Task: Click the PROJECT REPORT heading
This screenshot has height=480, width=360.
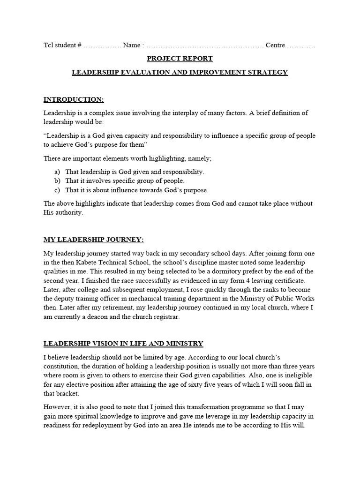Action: pyautogui.click(x=180, y=59)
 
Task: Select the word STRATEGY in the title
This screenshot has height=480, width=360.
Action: pyautogui.click(x=268, y=72)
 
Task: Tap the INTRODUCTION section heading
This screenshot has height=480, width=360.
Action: pyautogui.click(x=74, y=99)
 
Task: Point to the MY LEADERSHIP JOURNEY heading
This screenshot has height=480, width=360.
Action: pyautogui.click(x=94, y=240)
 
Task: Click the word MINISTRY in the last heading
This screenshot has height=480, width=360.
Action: pyautogui.click(x=185, y=344)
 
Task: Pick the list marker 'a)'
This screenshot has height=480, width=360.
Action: pyautogui.click(x=57, y=172)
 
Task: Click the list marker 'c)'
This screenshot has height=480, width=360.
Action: pyautogui.click(x=57, y=190)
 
